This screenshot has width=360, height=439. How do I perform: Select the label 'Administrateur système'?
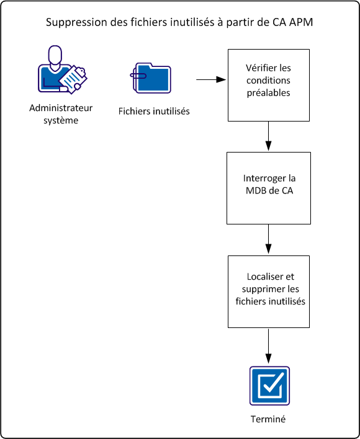[61, 114]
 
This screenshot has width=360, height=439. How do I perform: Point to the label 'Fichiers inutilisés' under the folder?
[154, 112]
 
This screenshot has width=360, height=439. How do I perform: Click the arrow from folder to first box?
[211, 80]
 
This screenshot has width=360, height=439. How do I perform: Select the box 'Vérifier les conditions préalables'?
[268, 85]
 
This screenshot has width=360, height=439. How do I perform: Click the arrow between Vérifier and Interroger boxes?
[268, 136]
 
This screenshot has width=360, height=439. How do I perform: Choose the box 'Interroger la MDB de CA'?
[268, 188]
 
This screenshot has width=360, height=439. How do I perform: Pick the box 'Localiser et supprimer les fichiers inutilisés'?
[268, 291]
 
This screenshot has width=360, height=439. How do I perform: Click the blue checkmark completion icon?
[269, 386]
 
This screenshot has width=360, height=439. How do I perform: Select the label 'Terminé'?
[268, 419]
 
